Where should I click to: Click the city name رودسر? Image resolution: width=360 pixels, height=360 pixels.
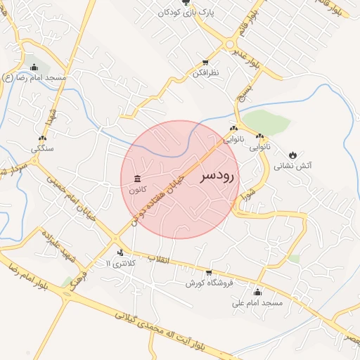click(220, 176)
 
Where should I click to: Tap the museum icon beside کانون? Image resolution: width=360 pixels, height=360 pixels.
click(135, 179)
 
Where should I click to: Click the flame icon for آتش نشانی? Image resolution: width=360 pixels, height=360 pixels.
click(293, 155)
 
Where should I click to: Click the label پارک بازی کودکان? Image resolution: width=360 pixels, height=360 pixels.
click(185, 13)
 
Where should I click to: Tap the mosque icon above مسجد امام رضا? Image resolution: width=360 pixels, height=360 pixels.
click(34, 67)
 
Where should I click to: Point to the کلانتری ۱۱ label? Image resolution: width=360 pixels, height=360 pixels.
click(118, 263)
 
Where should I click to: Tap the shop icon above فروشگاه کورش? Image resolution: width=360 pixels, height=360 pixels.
click(208, 273)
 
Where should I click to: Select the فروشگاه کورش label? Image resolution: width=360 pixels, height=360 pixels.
click(208, 283)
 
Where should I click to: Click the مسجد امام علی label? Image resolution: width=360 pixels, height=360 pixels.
click(257, 303)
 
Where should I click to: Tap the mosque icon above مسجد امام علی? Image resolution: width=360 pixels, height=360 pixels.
click(257, 292)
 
